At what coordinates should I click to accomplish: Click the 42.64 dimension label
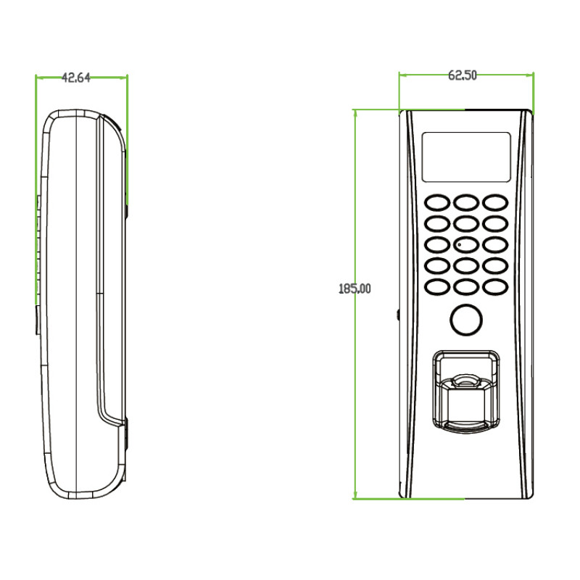tap(76, 78)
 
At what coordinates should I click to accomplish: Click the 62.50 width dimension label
tap(463, 75)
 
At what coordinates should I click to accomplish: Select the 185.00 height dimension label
tap(355, 289)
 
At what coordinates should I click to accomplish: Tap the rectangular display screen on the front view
tap(466, 157)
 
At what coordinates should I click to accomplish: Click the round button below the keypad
tap(466, 320)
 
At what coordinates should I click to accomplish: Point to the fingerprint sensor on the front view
tap(466, 391)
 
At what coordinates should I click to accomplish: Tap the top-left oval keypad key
tap(437, 203)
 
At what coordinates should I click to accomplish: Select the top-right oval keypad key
tap(495, 203)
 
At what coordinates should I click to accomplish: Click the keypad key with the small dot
tap(466, 244)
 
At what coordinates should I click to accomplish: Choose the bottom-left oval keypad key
tap(437, 286)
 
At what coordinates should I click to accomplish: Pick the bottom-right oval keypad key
tap(495, 286)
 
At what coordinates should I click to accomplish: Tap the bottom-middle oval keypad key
tap(466, 286)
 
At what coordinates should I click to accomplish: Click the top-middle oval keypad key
tap(466, 203)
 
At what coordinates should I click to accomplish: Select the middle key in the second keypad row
tap(466, 223)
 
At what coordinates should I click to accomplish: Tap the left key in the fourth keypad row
tap(437, 265)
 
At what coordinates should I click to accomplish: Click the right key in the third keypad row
tap(495, 244)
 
